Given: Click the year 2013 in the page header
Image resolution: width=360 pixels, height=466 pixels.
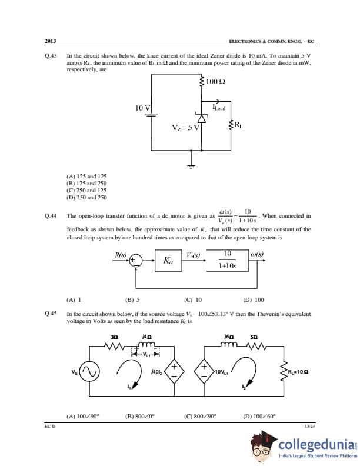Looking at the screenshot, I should [x=51, y=42].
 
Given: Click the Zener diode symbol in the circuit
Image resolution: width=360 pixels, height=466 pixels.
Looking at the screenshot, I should [x=202, y=119].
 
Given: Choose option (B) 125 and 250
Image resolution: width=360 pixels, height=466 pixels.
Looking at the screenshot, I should [x=86, y=184].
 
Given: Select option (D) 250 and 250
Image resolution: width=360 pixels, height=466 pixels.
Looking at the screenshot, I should [x=86, y=198].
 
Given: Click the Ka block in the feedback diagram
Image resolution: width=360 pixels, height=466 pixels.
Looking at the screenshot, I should [x=168, y=259].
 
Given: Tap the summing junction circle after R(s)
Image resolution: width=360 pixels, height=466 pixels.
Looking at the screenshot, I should [x=135, y=259].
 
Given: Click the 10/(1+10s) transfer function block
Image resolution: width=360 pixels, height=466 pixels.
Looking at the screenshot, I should [x=226, y=259].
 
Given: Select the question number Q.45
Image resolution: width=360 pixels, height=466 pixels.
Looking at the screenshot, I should [x=51, y=314].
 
